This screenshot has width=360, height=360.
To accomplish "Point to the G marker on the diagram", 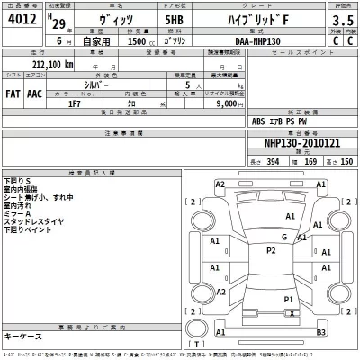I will [x=283, y=237].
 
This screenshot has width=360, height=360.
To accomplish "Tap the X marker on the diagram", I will [x=292, y=312].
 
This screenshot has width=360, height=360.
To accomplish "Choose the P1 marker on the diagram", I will [x=289, y=299].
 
